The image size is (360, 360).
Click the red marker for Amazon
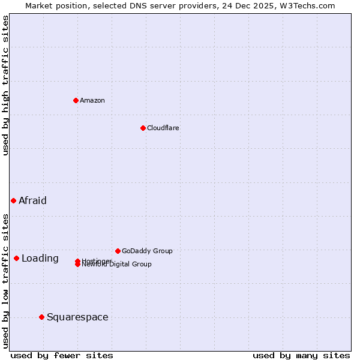pyautogui.click(x=76, y=100)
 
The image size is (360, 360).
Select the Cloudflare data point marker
pyautogui.click(x=143, y=128)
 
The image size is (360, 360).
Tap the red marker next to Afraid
pyautogui.click(x=13, y=200)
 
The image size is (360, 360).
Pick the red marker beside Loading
pyautogui.click(x=16, y=258)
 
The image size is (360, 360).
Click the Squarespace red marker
pyautogui.click(x=41, y=317)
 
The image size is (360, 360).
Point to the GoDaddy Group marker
pyautogui.click(x=118, y=251)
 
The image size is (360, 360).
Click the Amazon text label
pyautogui.click(x=92, y=100)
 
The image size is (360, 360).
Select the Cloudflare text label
pyautogui.click(x=163, y=128)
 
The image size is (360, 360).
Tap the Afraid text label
pyautogui.click(x=32, y=200)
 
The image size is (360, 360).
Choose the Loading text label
pyautogui.click(x=40, y=259)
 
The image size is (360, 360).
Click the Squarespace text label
pyautogui.click(x=77, y=317)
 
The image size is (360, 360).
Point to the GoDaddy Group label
pyautogui.click(x=147, y=251)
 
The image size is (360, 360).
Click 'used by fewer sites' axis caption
pyautogui.click(x=62, y=356)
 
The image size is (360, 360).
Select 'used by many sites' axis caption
pyautogui.click(x=301, y=356)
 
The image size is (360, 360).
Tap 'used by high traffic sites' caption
pyautogui.click(x=6, y=85)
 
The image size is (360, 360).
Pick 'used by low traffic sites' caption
pyautogui.click(x=6, y=281)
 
